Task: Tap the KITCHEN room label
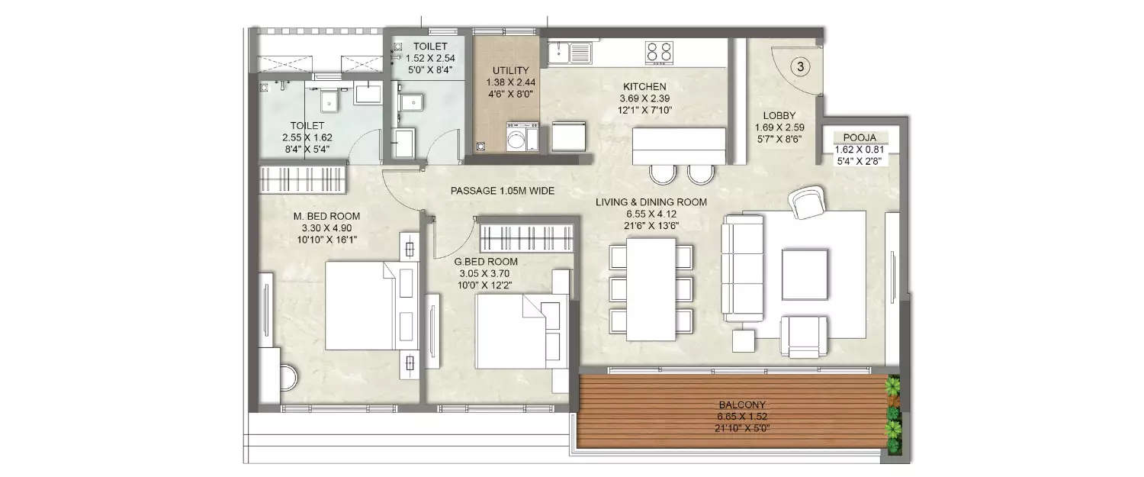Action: (x=644, y=86)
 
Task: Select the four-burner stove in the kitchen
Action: (x=659, y=51)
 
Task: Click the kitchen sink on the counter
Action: (x=569, y=53)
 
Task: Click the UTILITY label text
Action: (x=510, y=70)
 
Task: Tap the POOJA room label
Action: (x=861, y=138)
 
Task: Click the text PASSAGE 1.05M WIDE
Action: (x=502, y=190)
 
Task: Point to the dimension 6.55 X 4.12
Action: (x=651, y=214)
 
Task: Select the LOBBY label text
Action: (x=779, y=114)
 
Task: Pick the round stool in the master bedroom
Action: (x=288, y=378)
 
